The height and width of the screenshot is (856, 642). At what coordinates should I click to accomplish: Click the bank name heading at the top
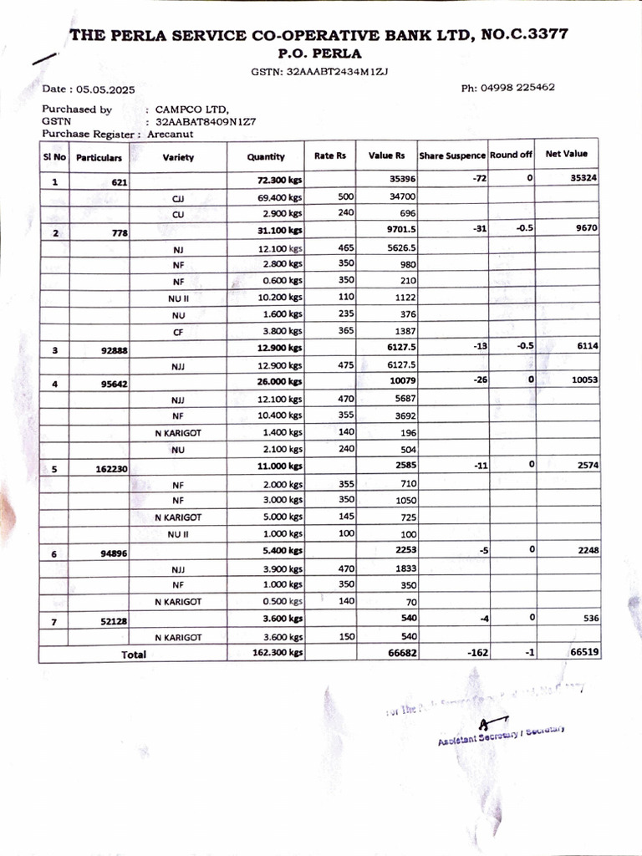(319, 35)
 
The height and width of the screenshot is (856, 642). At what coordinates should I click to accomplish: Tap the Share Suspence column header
(451, 155)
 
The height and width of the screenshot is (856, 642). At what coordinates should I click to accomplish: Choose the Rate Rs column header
(329, 155)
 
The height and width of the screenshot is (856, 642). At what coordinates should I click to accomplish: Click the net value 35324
(583, 179)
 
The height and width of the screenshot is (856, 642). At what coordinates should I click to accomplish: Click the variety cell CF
(178, 332)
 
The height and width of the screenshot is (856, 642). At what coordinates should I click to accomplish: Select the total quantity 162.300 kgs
(277, 654)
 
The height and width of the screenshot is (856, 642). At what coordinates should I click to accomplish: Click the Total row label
(134, 655)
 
